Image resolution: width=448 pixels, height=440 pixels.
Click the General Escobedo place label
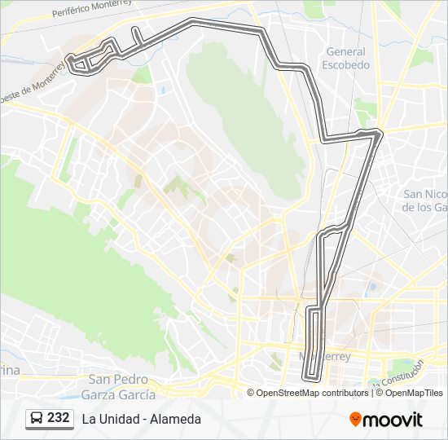coord(345,57)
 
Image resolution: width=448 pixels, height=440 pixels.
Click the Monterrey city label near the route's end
coord(325,356)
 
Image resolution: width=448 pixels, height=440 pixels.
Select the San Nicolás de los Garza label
coord(424,200)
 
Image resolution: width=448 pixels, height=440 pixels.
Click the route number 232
coord(58,417)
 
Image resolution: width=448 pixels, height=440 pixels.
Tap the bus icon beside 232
coord(37,418)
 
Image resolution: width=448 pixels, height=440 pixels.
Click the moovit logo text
coord(393,420)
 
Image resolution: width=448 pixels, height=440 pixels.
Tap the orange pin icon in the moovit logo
coord(356,419)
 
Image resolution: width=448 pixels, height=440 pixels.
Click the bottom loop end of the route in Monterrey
coord(310,377)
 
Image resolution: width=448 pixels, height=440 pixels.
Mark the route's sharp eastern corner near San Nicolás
coord(380,133)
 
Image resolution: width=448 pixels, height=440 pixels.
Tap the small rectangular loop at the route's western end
coord(79,64)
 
